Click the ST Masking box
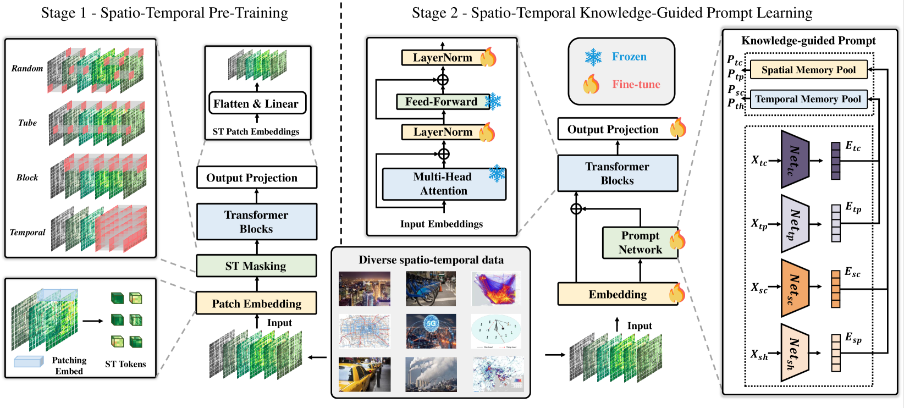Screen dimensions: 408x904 [256, 266]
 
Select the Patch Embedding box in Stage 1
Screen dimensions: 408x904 [256, 303]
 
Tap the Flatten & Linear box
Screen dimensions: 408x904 [257, 103]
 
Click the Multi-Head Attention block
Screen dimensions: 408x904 [443, 184]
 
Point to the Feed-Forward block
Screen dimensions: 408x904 [442, 102]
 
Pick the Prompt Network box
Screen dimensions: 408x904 [640, 242]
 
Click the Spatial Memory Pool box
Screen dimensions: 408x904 [808, 70]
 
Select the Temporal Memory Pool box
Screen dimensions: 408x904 [808, 99]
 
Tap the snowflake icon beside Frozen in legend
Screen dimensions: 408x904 [593, 57]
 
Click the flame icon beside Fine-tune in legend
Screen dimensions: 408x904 [592, 84]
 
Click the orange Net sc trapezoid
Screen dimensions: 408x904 [795, 288]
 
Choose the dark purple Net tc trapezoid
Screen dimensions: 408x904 [795, 159]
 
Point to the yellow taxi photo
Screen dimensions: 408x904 [365, 374]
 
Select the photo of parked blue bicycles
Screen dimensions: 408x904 [431, 289]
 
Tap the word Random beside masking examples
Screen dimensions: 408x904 [27, 68]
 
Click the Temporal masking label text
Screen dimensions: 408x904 [27, 232]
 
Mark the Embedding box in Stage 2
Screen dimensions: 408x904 [618, 294]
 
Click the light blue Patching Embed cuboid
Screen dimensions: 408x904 [29, 361]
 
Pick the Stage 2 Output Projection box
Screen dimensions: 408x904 [613, 129]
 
